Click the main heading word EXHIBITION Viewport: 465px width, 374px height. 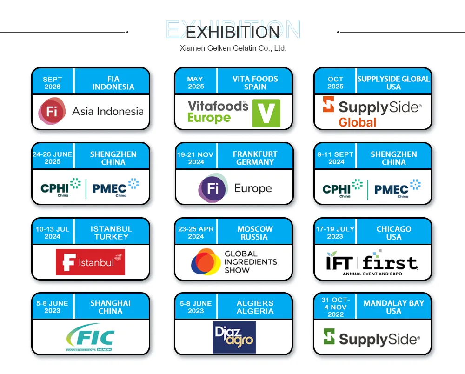[x=232, y=32]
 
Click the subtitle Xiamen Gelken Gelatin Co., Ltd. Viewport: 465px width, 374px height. [x=233, y=48]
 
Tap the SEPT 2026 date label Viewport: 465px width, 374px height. [x=53, y=83]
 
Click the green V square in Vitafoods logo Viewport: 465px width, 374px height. [x=266, y=113]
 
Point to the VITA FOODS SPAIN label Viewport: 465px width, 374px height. [x=255, y=83]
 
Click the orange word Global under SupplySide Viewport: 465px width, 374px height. [x=357, y=122]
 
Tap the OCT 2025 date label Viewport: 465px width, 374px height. [x=335, y=83]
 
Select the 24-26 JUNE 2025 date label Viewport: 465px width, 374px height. [x=53, y=158]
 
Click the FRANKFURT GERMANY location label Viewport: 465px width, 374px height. [x=255, y=158]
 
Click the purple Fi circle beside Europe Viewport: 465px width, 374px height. [x=213, y=188]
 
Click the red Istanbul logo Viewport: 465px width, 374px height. [x=90, y=262]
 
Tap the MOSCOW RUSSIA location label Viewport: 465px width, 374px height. [x=255, y=233]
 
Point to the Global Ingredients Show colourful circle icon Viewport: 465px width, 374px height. [x=206, y=262]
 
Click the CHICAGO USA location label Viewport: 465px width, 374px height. [x=394, y=233]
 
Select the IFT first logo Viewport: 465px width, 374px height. [x=372, y=264]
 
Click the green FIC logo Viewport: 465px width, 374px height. [x=90, y=337]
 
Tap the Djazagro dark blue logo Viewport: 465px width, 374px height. [x=234, y=337]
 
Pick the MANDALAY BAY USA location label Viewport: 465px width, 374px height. [x=394, y=307]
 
